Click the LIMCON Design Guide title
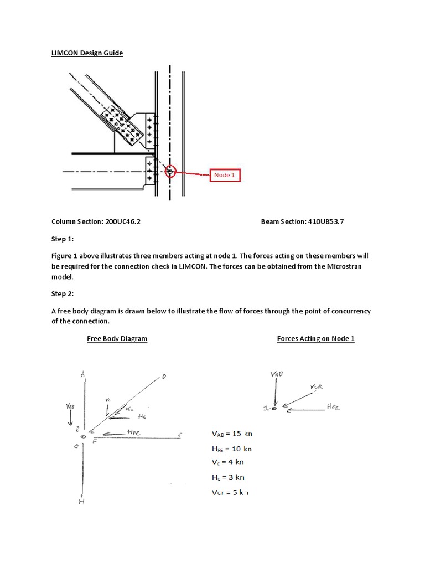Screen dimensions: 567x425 [x=87, y=53]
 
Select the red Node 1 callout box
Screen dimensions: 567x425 [x=225, y=176]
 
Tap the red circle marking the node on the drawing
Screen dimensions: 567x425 [x=170, y=172]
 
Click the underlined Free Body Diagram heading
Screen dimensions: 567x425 [x=117, y=338]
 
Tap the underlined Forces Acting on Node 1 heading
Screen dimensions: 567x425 [x=315, y=338]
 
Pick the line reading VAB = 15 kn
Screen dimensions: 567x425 [x=232, y=434]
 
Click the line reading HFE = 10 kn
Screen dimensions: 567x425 [x=232, y=449]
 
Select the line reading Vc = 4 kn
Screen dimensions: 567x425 [x=228, y=462]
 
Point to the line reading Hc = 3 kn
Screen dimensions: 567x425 [x=228, y=477]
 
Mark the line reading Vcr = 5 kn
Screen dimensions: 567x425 [x=230, y=492]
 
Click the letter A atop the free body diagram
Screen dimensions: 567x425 [x=82, y=375]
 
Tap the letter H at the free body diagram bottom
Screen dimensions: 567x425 [x=81, y=502]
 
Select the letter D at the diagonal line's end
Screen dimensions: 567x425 [x=164, y=377]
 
